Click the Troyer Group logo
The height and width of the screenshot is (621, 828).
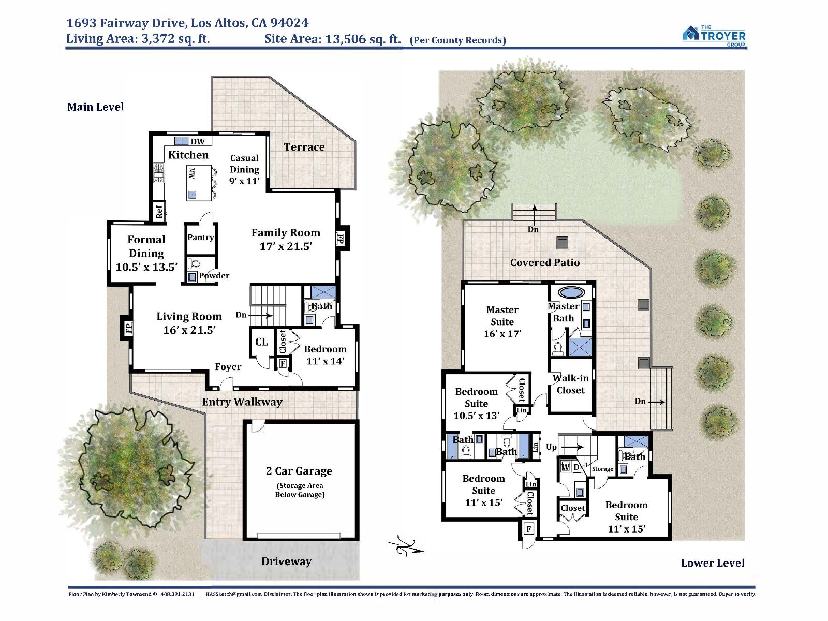coord(714,36)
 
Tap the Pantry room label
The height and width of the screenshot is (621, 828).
coord(201,237)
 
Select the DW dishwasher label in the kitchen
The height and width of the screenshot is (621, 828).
coord(198,141)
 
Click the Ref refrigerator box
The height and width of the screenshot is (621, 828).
coord(159,211)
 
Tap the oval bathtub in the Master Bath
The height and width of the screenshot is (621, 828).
coord(571,292)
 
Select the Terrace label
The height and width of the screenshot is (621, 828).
coord(304,147)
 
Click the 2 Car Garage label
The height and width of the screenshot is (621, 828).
coord(299,470)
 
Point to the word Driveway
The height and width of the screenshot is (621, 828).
coord(287,561)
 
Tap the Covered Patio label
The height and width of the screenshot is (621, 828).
coord(545,262)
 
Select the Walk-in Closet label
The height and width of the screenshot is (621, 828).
coord(570,384)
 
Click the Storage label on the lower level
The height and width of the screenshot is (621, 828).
coord(602,469)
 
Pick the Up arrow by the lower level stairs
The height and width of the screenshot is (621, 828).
coord(571,447)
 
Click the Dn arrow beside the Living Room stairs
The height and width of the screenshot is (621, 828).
coord(260,315)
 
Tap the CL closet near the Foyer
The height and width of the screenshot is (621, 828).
coord(261,342)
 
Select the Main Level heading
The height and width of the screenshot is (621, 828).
coord(95,107)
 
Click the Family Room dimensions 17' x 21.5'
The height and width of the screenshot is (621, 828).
coord(286,247)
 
